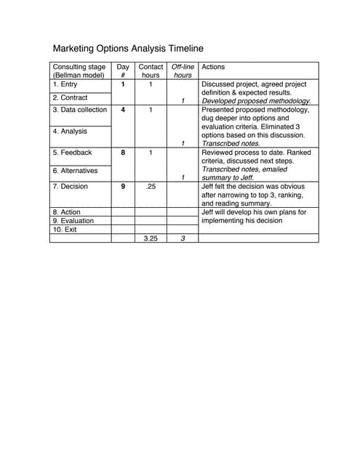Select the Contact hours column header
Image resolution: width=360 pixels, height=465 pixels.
(x=151, y=70)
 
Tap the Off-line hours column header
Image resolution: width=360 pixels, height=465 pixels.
(x=183, y=70)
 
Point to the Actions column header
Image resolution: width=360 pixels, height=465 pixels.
(x=213, y=67)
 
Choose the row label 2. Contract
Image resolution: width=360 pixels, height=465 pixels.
(x=70, y=97)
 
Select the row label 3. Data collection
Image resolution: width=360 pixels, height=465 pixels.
(x=79, y=110)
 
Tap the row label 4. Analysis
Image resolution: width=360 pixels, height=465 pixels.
(x=70, y=132)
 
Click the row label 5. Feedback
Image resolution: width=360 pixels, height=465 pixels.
(x=72, y=153)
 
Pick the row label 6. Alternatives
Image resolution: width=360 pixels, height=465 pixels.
(x=76, y=170)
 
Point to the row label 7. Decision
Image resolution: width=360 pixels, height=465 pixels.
(x=71, y=187)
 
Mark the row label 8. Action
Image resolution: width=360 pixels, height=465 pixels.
(x=67, y=212)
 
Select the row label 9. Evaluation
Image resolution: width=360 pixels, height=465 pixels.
(x=73, y=221)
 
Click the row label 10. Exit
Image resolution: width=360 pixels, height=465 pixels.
(x=64, y=230)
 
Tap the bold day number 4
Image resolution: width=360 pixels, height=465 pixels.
(x=123, y=110)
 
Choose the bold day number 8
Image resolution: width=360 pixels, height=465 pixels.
(x=123, y=153)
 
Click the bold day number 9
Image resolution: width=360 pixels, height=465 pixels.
(x=123, y=187)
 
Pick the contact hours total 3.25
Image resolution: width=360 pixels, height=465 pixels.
(x=151, y=238)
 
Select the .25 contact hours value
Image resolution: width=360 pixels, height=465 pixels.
(x=151, y=187)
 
